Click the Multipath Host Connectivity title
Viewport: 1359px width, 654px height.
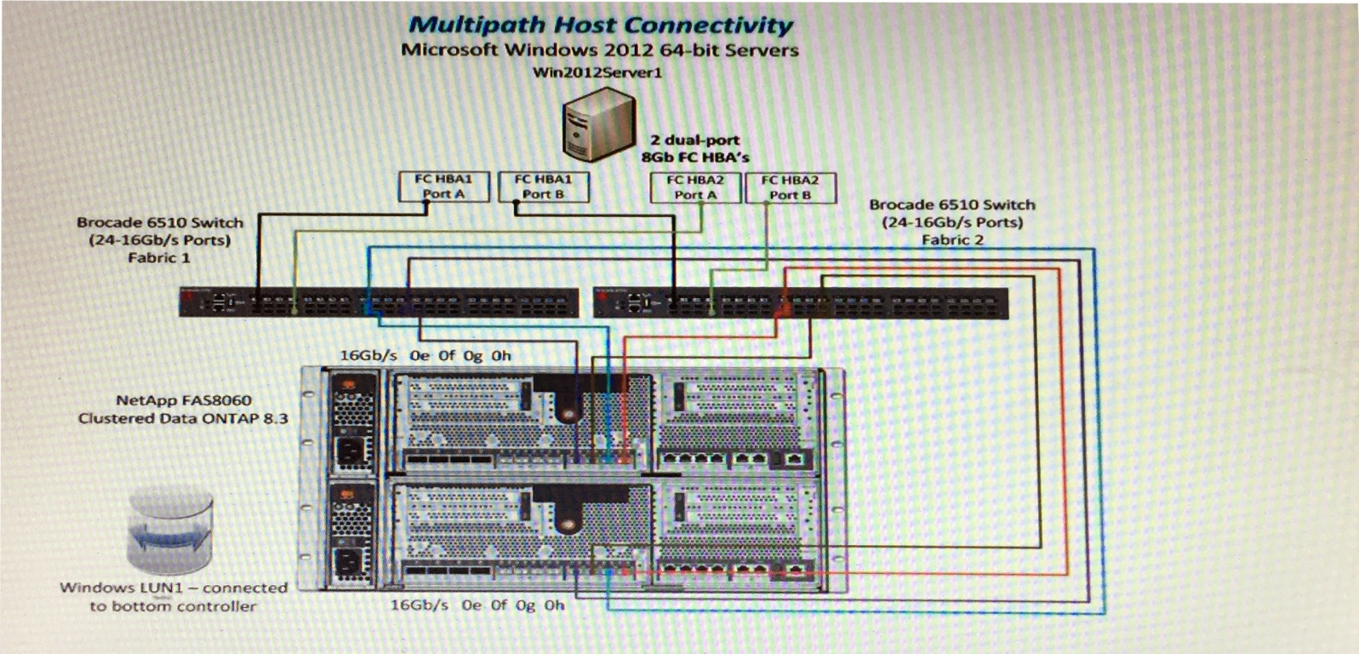pyautogui.click(x=600, y=26)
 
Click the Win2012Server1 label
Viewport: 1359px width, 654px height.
pyautogui.click(x=597, y=72)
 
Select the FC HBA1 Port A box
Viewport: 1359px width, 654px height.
pyautogui.click(x=443, y=186)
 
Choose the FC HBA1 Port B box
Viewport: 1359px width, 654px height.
pyautogui.click(x=543, y=186)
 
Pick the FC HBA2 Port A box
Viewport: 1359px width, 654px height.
pyautogui.click(x=695, y=187)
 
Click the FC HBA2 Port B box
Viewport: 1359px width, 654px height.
pyautogui.click(x=791, y=187)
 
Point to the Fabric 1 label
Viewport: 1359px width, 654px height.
pyautogui.click(x=158, y=258)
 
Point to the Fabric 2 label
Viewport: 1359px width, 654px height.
pyautogui.click(x=952, y=240)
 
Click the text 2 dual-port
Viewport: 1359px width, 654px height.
pyautogui.click(x=694, y=141)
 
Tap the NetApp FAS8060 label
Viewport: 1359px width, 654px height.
pyautogui.click(x=184, y=400)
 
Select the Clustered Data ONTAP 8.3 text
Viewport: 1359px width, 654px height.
pyautogui.click(x=183, y=419)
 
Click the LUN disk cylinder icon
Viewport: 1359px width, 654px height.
pyautogui.click(x=170, y=532)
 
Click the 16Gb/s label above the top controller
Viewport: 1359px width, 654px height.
pyautogui.click(x=368, y=356)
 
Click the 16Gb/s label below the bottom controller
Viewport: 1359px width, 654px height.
pyautogui.click(x=419, y=605)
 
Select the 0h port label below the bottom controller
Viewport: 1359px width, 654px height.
pyautogui.click(x=554, y=605)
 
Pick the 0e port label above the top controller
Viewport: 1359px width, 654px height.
pyautogui.click(x=419, y=356)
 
